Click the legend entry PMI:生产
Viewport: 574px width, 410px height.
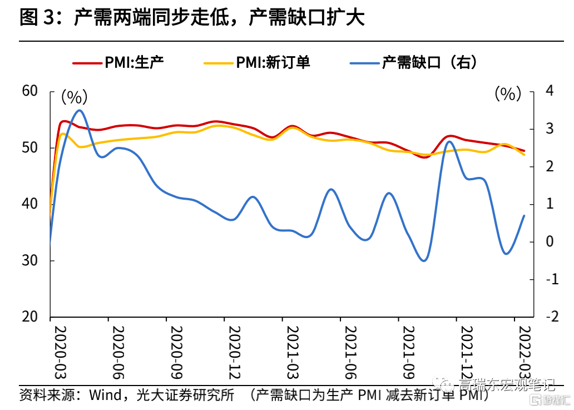134,62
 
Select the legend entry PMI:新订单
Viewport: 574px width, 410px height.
273,62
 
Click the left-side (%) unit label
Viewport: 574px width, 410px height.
74,97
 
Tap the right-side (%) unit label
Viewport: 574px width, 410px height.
508,94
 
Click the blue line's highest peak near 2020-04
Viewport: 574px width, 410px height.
80,110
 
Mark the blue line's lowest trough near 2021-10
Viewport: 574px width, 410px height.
424,260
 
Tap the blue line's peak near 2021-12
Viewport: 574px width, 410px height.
450,141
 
